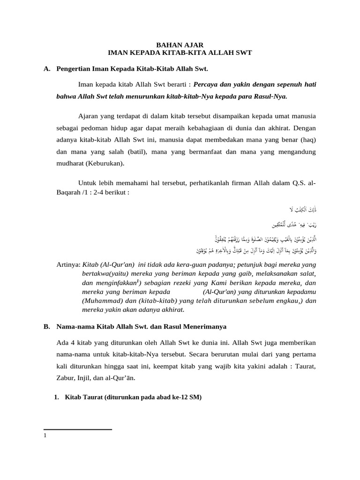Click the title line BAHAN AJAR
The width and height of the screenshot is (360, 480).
[x=180, y=45]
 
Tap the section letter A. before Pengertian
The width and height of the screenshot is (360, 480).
[x=46, y=69]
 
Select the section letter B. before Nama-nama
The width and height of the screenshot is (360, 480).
[x=46, y=327]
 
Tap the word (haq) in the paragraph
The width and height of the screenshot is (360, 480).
[x=306, y=140]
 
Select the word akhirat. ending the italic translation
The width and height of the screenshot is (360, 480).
[x=172, y=310]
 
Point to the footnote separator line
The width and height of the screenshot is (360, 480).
[x=77, y=429]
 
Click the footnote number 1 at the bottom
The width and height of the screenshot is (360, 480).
[x=45, y=436]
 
